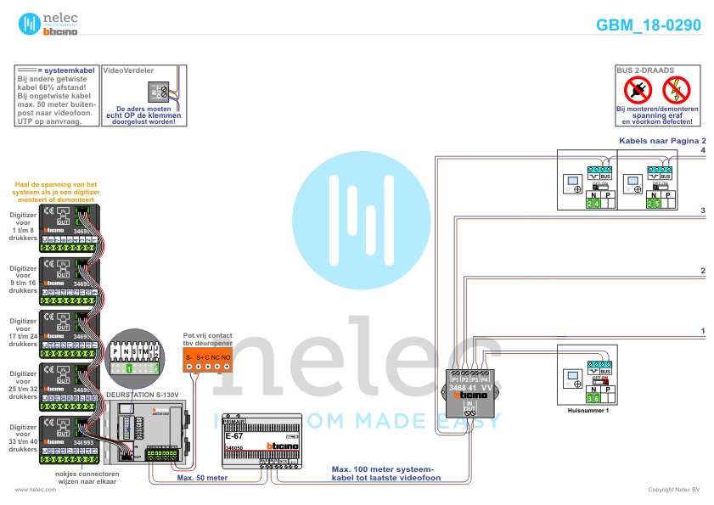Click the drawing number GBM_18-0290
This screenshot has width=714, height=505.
pyautogui.click(x=649, y=25)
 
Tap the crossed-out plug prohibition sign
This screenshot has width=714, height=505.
pyautogui.click(x=637, y=89)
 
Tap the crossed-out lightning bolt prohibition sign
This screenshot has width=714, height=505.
pyautogui.click(x=676, y=89)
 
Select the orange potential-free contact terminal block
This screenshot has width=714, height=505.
pyautogui.click(x=209, y=362)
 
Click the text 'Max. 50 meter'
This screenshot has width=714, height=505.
pyautogui.click(x=203, y=478)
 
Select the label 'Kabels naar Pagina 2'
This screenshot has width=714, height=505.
pyautogui.click(x=662, y=140)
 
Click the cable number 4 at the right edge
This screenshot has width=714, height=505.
pyautogui.click(x=703, y=150)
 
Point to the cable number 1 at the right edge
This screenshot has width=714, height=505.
pyautogui.click(x=703, y=330)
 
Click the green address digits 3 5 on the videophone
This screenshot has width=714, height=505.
pyautogui.click(x=593, y=397)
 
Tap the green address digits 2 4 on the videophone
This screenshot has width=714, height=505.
pyautogui.click(x=593, y=204)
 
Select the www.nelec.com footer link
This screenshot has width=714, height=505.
pyautogui.click(x=31, y=490)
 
